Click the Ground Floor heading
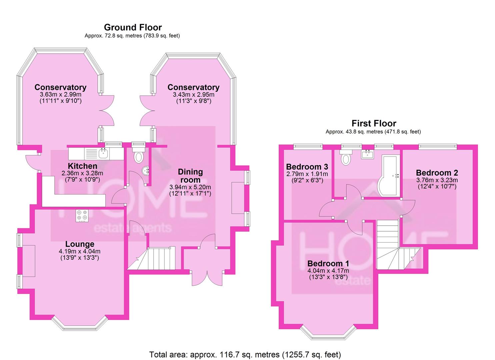[133, 27]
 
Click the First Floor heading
[374, 123]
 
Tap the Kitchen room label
[82, 166]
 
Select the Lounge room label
[80, 244]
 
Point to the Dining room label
[190, 176]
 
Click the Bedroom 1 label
[328, 264]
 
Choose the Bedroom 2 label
[437, 173]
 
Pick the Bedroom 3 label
[307, 167]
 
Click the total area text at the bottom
[245, 354]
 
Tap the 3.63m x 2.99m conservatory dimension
[60, 95]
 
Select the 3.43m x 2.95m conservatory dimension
[193, 95]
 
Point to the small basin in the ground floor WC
[146, 171]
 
